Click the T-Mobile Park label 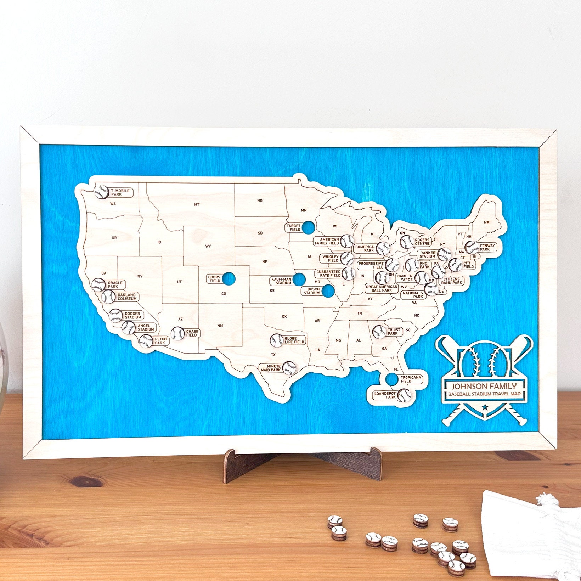click(120, 192)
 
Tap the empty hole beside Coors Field click(229, 279)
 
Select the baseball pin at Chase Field click(178, 333)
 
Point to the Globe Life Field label click(294, 340)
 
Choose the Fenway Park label click(487, 247)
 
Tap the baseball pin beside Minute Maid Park click(289, 368)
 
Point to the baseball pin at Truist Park click(379, 332)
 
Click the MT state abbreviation click(197, 204)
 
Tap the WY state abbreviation click(208, 246)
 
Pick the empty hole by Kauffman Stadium click(299, 280)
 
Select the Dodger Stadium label click(132, 315)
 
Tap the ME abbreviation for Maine click(486, 222)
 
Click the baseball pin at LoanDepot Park click(404, 395)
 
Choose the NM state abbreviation click(220, 326)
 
